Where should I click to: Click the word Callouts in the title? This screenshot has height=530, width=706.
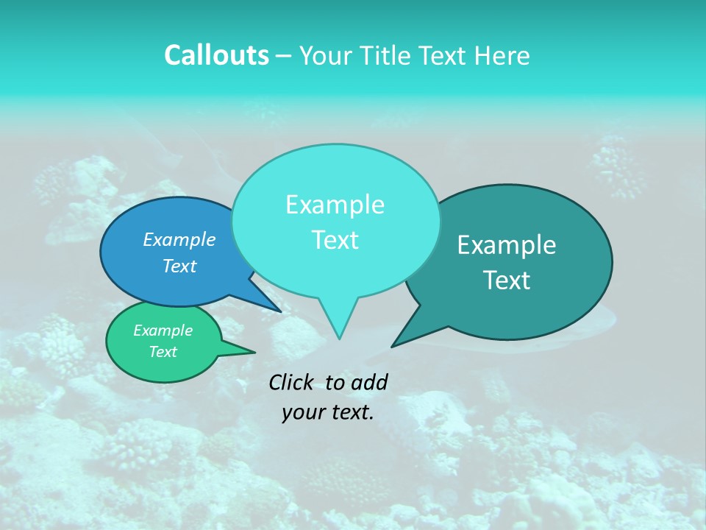216,55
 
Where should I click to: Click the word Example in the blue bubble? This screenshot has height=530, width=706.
179,240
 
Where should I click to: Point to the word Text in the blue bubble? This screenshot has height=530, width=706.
179,266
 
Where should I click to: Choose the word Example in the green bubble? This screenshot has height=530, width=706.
163,331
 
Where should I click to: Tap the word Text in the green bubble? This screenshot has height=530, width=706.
163,352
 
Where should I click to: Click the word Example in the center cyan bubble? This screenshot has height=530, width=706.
335,205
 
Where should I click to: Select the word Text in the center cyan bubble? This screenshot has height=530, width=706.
335,240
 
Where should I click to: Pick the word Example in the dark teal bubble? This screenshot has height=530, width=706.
507,245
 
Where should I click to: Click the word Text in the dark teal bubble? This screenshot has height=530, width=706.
507,280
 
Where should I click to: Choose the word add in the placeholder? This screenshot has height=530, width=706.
368,382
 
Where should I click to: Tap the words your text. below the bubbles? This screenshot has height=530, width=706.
327,412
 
